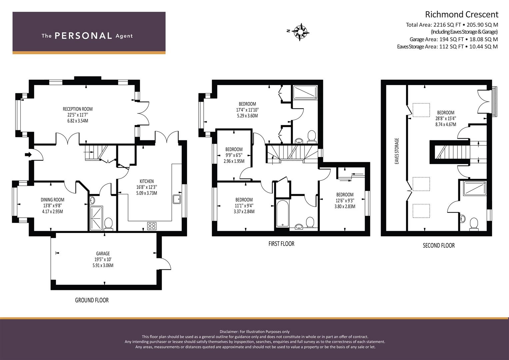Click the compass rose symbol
click(x=300, y=32)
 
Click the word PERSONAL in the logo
click(x=83, y=36)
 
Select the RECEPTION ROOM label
click(x=78, y=109)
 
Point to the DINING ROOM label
click(x=52, y=200)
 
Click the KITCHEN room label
click(x=147, y=181)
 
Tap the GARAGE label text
click(x=103, y=253)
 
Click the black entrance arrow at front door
click(x=28, y=155)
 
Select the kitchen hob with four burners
click(x=152, y=226)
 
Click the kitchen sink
click(x=177, y=199)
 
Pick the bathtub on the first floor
click(x=282, y=213)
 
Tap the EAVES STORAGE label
click(x=397, y=151)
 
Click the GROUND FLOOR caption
click(x=92, y=300)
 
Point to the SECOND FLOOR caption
click(x=439, y=245)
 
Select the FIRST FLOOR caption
click(x=281, y=244)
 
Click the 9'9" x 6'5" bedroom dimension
click(x=234, y=155)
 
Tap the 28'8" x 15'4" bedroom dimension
click(x=446, y=118)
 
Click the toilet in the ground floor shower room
click(x=109, y=224)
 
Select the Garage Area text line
click(x=454, y=39)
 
